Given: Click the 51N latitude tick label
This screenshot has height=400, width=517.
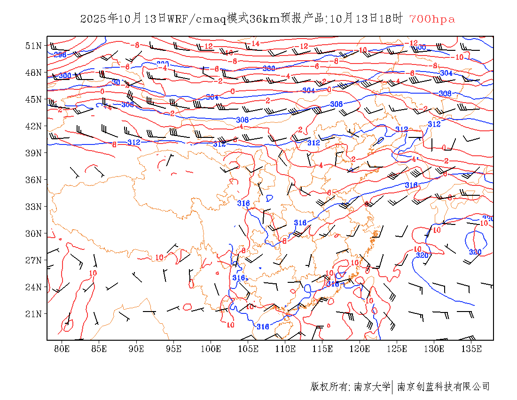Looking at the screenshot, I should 34,46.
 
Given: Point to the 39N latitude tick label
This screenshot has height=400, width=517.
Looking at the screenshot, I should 34,153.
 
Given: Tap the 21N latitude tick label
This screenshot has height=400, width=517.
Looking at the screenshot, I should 34,314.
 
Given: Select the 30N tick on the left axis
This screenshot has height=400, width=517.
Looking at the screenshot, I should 34,233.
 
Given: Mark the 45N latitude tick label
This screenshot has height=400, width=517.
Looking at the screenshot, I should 34,99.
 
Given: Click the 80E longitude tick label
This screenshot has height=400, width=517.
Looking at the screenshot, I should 62,349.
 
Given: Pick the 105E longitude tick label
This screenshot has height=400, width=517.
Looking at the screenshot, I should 248,349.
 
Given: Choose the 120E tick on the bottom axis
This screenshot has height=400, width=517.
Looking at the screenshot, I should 360,349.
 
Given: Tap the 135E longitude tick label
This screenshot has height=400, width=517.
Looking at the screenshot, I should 471,349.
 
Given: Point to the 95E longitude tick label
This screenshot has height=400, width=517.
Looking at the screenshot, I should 174,349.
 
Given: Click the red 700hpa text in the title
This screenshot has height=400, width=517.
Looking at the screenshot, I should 432,19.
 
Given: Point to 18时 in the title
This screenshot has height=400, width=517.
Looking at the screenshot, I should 392,19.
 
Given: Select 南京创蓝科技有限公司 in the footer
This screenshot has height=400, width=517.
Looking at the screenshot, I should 443,387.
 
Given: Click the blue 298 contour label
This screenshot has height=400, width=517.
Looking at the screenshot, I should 60,55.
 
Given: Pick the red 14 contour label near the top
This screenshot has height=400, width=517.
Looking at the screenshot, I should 255,44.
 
